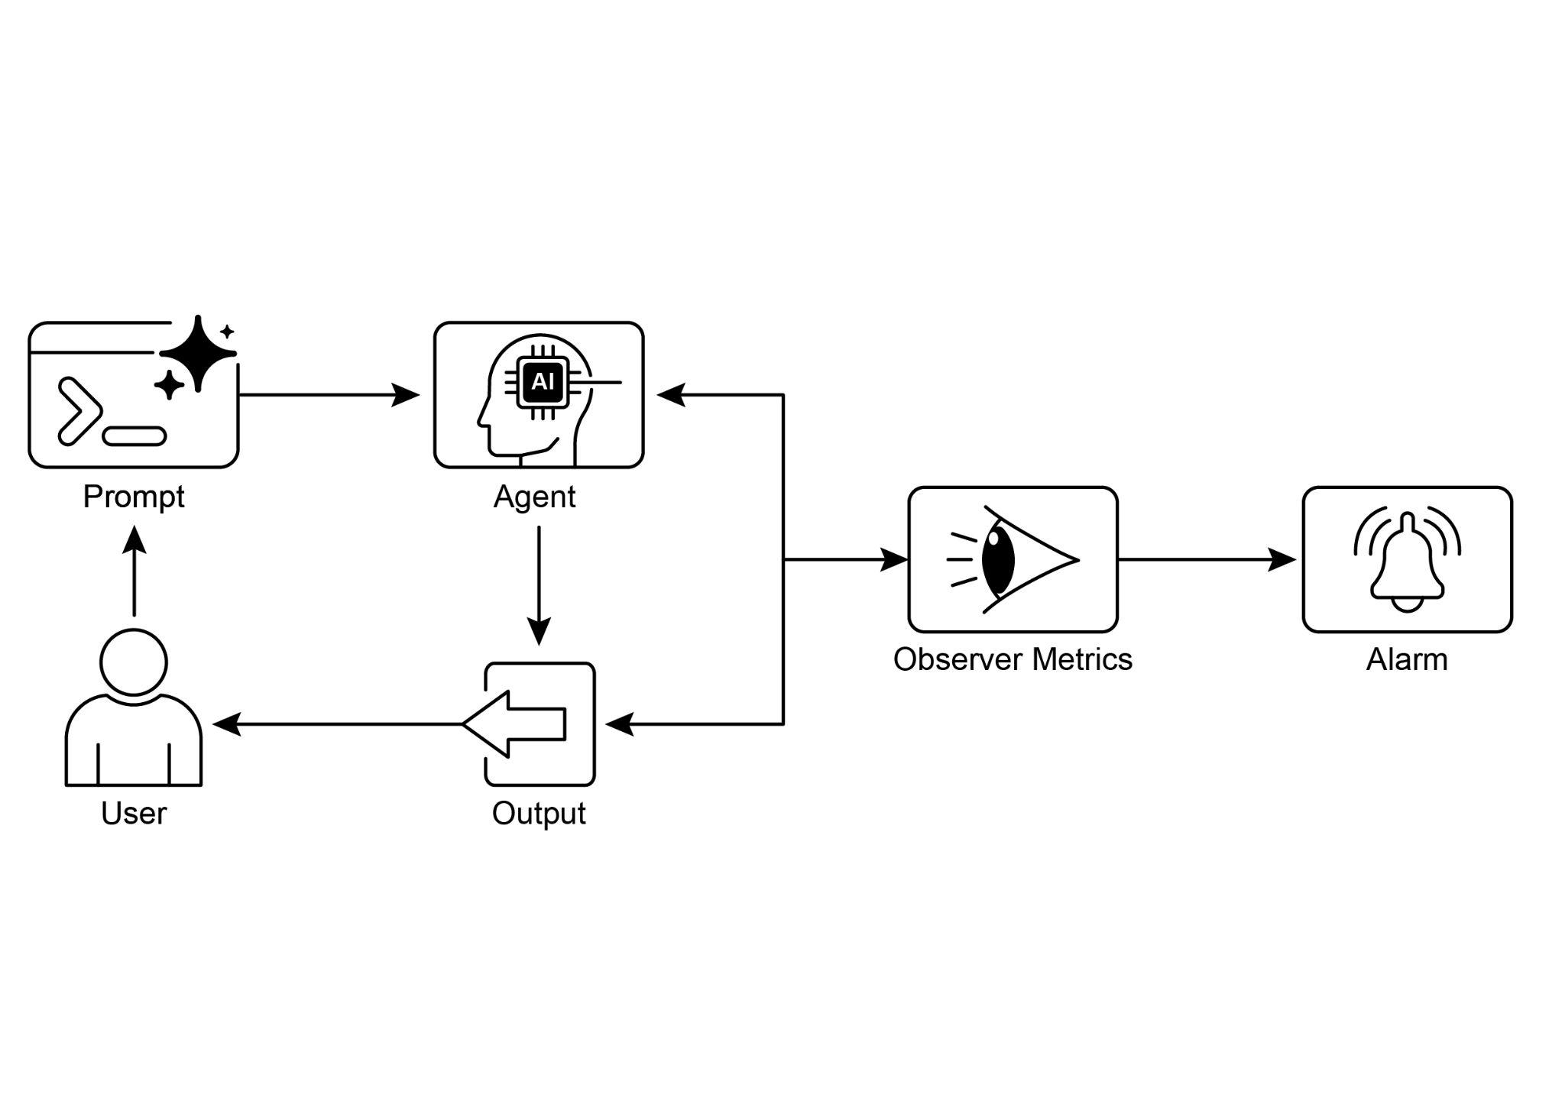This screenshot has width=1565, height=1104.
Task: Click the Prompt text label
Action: coord(134,497)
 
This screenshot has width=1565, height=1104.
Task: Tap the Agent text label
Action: coord(534,497)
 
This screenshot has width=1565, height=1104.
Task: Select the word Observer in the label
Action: coord(956,659)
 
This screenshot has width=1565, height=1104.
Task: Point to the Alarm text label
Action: coord(1406,659)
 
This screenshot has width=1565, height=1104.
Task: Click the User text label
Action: coord(134,813)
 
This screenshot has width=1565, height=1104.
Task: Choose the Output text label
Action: coord(539,813)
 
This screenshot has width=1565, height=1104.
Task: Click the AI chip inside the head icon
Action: coord(543,381)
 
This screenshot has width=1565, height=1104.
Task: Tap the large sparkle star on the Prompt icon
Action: coord(198,353)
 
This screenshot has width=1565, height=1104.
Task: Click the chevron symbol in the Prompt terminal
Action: coord(79,411)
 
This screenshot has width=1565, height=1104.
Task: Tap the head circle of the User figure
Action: coord(134,662)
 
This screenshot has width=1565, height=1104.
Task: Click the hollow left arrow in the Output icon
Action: coord(514,724)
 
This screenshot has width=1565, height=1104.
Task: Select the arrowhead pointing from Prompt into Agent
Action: coord(407,395)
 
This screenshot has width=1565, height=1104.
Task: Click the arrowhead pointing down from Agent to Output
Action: coord(539,633)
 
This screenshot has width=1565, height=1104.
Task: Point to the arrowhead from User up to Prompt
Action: coord(134,539)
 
